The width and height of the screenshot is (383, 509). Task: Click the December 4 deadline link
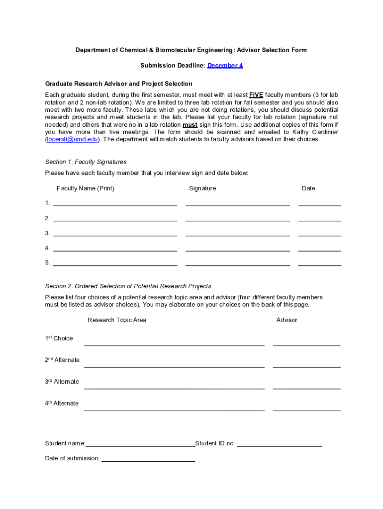pyautogui.click(x=225, y=65)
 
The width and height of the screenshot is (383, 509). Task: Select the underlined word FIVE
pyautogui.click(x=256, y=95)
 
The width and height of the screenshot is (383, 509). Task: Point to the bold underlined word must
pyautogui.click(x=190, y=125)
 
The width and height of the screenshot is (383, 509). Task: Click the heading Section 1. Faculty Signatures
pyautogui.click(x=86, y=162)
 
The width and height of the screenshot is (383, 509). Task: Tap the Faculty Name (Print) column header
pyautogui.click(x=86, y=188)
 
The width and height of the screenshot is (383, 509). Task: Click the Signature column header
pyautogui.click(x=202, y=188)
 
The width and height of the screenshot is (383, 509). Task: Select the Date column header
pyautogui.click(x=308, y=188)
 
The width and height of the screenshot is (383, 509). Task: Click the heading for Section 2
pyautogui.click(x=128, y=286)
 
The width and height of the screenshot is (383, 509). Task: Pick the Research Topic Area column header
pyautogui.click(x=117, y=320)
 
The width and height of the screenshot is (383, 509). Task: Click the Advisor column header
pyautogui.click(x=287, y=320)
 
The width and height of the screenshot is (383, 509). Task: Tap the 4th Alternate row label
pyautogui.click(x=62, y=403)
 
